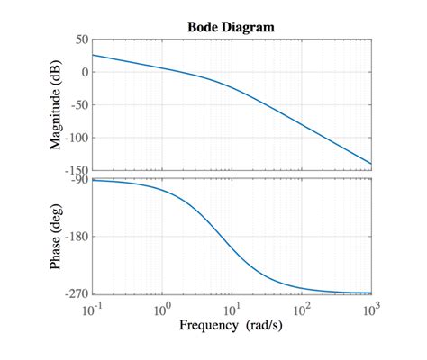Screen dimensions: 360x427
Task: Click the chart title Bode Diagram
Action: pos(231,27)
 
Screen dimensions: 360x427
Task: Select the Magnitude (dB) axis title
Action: pos(57,104)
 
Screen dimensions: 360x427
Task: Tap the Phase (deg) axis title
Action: pos(57,237)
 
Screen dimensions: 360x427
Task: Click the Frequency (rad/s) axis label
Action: pos(231,325)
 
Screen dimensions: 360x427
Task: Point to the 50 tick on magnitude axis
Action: pos(81,40)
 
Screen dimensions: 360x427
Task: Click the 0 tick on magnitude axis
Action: pos(85,73)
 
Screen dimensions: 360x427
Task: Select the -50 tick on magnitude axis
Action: pos(78,105)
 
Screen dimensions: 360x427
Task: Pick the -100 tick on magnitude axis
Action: pos(76,138)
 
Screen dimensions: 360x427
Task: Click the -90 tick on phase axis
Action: pos(78,179)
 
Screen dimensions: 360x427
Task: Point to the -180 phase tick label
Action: pos(76,237)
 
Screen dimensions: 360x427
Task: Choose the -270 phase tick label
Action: pos(76,294)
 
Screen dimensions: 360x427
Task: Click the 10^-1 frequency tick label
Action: pos(93,309)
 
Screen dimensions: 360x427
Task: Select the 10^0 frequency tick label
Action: pos(162,309)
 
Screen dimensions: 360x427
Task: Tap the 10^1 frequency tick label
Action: pos(232,309)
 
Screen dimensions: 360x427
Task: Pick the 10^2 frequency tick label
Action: pos(301,309)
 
